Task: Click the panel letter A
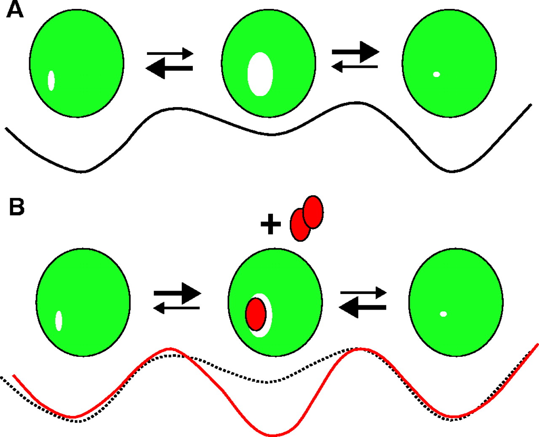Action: (15, 10)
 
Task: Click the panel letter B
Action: (17, 207)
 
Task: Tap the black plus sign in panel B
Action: (271, 224)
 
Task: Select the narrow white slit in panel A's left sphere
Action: (51, 81)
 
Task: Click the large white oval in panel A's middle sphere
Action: (260, 74)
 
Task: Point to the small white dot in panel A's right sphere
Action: (437, 74)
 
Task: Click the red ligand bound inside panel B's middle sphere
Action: (256, 314)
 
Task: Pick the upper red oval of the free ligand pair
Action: (313, 212)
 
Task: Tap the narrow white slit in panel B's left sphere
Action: (59, 321)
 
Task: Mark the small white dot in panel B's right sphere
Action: (443, 314)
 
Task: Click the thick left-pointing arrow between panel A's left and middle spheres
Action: (169, 68)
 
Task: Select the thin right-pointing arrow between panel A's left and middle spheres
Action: (170, 54)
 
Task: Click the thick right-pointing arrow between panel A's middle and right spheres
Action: (356, 52)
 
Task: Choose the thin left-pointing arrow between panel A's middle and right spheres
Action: (355, 67)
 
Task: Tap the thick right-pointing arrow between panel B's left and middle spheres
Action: (178, 293)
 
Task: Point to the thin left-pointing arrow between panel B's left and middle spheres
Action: (176, 308)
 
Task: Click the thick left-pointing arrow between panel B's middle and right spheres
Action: (363, 308)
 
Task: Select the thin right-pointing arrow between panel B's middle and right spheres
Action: (364, 293)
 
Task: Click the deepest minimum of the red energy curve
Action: (272, 435)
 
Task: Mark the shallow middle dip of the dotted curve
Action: (267, 382)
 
